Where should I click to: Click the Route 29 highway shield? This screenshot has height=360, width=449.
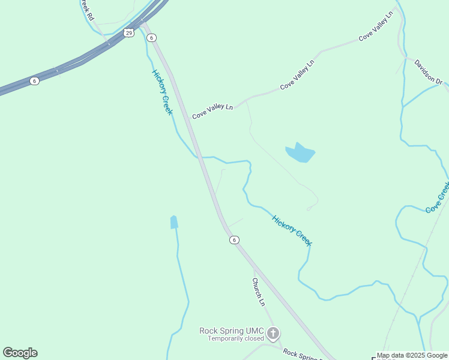click(129, 32)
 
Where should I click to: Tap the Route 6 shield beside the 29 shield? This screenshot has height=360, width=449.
click(152, 37)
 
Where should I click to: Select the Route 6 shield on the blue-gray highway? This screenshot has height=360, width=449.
click(35, 81)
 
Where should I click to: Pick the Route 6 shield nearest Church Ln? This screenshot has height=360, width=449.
click(234, 240)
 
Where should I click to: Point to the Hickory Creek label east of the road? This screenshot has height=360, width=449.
click(292, 230)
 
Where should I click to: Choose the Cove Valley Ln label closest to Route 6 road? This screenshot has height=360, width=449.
click(212, 110)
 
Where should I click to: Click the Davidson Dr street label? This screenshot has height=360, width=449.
click(428, 71)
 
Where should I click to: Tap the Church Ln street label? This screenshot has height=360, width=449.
click(258, 292)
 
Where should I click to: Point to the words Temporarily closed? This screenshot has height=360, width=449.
click(236, 339)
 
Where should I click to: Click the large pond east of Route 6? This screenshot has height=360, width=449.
click(300, 154)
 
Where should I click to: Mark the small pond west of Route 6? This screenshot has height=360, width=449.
click(174, 222)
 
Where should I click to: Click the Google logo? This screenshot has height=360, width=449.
click(20, 353)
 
